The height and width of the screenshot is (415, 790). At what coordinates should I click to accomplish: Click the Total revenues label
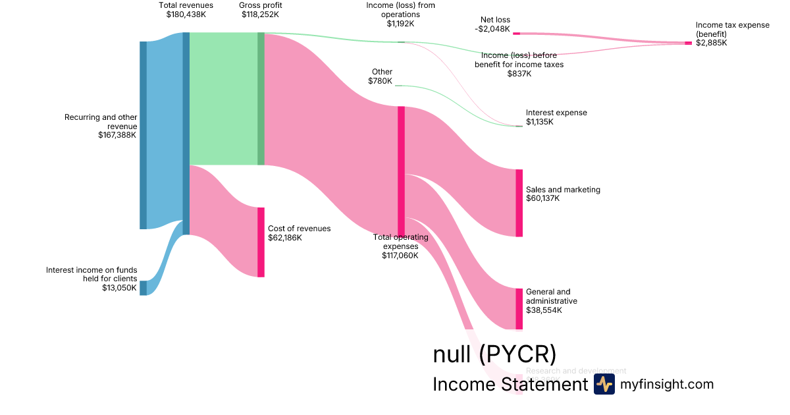tap(186, 5)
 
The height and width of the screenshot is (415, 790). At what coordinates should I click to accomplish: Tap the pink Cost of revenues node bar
tap(261, 242)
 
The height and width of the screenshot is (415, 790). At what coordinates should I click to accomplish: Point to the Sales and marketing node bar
tap(519, 203)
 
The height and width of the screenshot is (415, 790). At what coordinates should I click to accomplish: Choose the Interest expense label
tap(556, 113)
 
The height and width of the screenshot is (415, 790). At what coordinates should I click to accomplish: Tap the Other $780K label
tap(381, 76)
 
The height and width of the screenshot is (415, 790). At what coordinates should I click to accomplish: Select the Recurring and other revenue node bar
tap(143, 135)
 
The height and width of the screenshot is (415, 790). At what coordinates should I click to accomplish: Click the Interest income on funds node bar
tap(143, 288)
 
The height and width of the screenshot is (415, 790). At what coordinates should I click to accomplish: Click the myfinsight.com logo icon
tap(604, 385)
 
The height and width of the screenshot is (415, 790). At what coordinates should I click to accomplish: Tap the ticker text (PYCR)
tap(517, 354)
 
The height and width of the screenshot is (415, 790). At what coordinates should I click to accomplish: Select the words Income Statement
tap(510, 385)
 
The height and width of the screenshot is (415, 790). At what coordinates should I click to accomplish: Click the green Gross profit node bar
tap(261, 98)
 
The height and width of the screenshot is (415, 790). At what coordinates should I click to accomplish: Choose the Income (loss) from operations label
tap(400, 10)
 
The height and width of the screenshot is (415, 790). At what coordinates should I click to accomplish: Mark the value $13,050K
tap(119, 288)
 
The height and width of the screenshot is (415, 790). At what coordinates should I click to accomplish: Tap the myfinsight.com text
tap(667, 385)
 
